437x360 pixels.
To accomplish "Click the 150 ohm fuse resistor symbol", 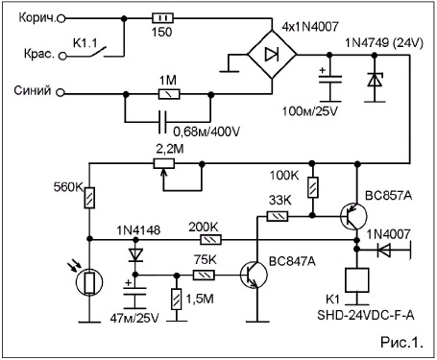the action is pos(162,18).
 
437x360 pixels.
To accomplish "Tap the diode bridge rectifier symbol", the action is pos(272,55).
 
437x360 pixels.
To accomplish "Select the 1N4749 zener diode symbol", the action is pos(375,80).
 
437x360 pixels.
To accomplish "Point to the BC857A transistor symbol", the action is pos(353,217).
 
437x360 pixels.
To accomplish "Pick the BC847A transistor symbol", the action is pos(254,275).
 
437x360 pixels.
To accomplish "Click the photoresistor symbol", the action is pos(89,282).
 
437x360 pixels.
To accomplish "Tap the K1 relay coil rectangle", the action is pos(356,280).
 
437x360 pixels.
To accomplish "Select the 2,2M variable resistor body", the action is pos(164,163).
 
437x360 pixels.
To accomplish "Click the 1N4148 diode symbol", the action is pos(135,255).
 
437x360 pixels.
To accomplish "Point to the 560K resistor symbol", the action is pos(89,198).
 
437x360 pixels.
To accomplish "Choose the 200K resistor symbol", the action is pos(210,239).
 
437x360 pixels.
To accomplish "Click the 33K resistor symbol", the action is pos(278,216).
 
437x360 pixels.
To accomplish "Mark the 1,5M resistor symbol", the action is pos(176,299).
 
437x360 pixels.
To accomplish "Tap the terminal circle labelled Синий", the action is pos(61,93).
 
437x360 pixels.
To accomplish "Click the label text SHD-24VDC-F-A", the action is pos(366,315).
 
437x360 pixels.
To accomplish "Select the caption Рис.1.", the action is pos(401,343).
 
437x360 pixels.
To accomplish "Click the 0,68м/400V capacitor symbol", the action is pos(163,122).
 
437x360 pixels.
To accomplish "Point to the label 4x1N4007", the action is pos(310,27).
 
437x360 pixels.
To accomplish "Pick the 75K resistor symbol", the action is pos(204,275).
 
